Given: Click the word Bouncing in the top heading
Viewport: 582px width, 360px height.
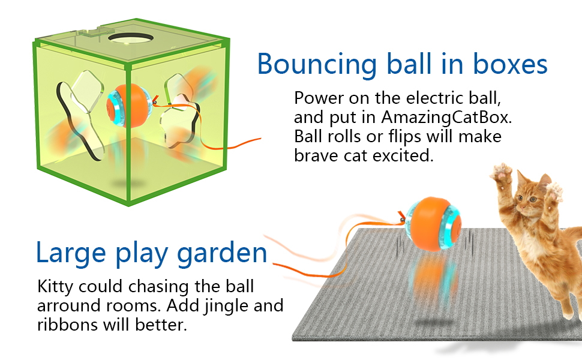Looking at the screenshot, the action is [x=314, y=64].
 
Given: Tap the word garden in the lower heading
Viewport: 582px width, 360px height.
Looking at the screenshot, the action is [x=221, y=253].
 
